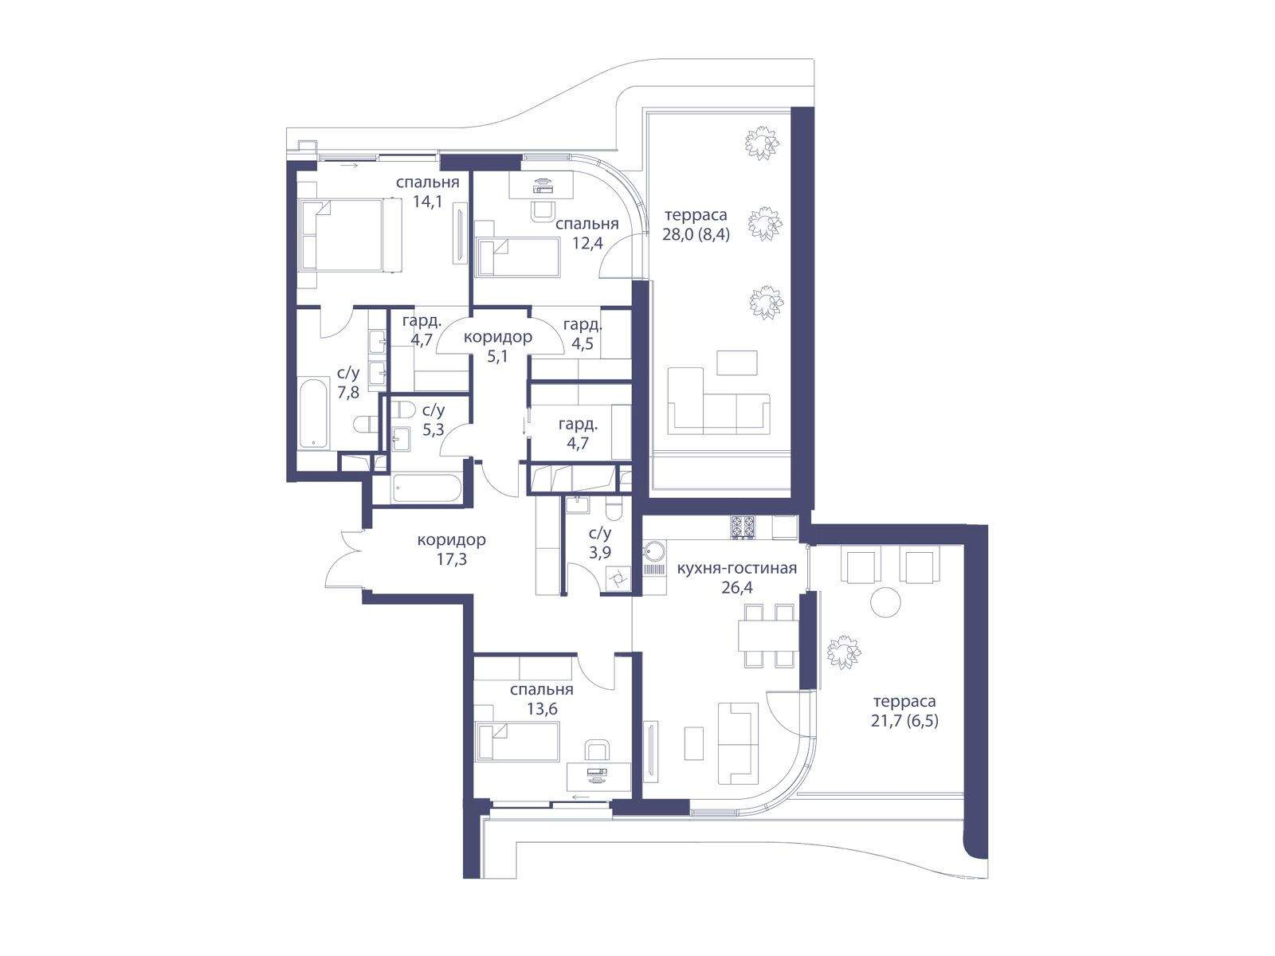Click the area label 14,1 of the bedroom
(x=427, y=202)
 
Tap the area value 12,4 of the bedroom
(x=587, y=243)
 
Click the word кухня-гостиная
(x=736, y=568)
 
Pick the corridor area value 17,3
(x=451, y=559)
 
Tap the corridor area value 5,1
(x=497, y=356)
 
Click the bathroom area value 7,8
(x=348, y=392)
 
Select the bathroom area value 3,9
(x=600, y=552)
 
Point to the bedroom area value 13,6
(x=541, y=708)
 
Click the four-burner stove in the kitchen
(x=743, y=527)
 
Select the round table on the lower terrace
(x=885, y=602)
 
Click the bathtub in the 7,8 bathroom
(x=314, y=413)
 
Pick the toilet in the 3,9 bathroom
(x=614, y=510)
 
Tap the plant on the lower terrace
(x=843, y=652)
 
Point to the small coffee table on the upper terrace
(x=736, y=362)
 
